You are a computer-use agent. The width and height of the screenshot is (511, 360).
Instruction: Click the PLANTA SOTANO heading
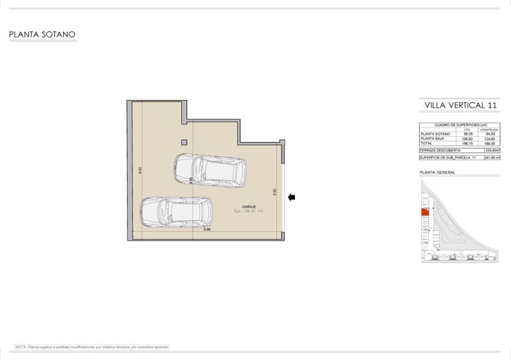click(x=42, y=34)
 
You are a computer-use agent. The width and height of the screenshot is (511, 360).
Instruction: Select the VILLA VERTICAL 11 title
click(x=460, y=106)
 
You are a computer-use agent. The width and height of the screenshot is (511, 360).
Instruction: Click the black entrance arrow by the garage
click(x=291, y=197)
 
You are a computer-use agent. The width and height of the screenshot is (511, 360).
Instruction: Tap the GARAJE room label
click(x=240, y=206)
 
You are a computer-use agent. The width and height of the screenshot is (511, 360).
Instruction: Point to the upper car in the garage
click(x=209, y=169)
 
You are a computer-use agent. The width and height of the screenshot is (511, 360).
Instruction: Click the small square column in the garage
click(x=184, y=142)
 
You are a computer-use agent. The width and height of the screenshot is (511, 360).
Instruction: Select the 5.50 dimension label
click(x=275, y=193)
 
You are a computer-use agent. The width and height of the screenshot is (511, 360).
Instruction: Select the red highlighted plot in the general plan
click(x=423, y=212)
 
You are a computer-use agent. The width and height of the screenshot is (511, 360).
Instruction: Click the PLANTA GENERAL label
click(x=437, y=172)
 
